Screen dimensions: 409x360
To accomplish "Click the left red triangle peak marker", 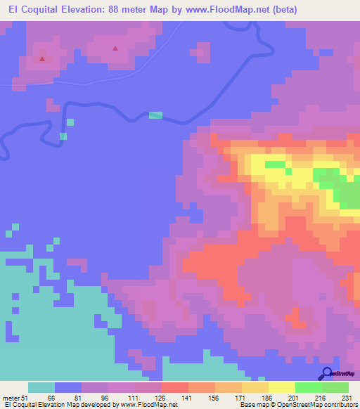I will [x=42, y=58].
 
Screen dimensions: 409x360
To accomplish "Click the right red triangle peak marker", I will [x=115, y=48].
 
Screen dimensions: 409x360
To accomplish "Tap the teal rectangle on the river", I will [x=155, y=115].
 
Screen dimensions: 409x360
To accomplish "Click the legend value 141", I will [x=188, y=398].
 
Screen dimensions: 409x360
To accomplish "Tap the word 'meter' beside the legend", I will [x=11, y=398].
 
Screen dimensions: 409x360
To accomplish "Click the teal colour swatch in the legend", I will [x=41, y=387].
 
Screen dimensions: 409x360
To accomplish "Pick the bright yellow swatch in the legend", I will [x=281, y=387].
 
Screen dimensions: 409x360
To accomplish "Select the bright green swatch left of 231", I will [x=335, y=387].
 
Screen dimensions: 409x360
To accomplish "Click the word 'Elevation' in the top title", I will [x=86, y=10].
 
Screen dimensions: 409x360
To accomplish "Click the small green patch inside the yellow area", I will [x=276, y=165].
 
